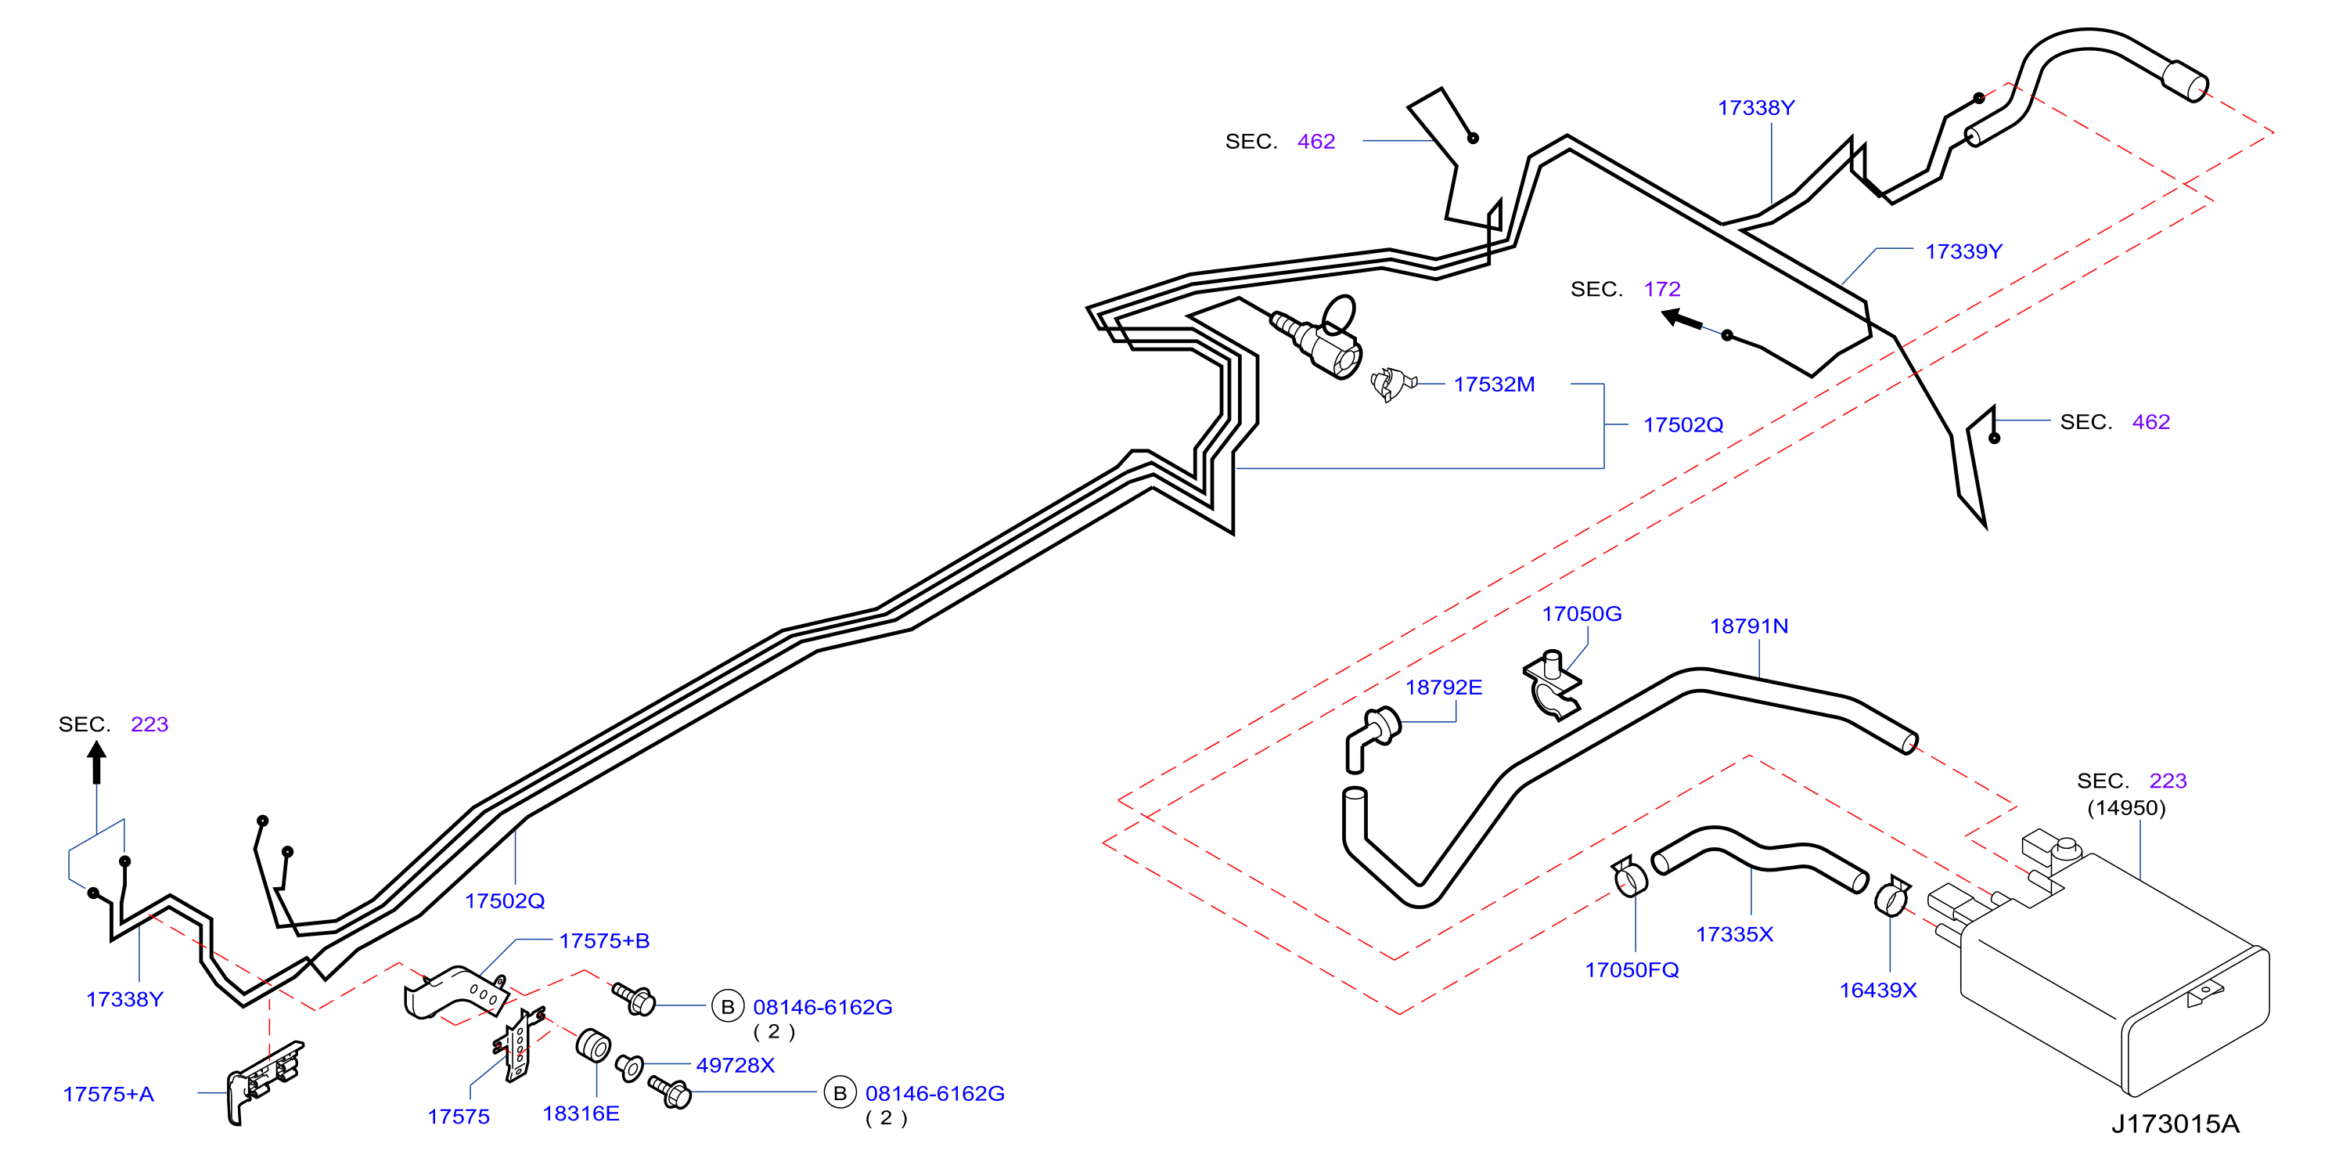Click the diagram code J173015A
point(2175,1124)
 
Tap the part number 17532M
point(1494,384)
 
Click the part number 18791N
point(1748,626)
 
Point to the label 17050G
point(1582,613)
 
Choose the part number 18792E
point(1443,687)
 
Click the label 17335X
point(1734,934)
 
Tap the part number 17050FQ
point(1632,970)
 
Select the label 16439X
point(1877,990)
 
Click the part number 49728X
point(735,1065)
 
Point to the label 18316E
point(581,1113)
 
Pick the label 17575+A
point(109,1094)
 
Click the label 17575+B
point(605,941)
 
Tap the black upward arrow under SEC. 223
point(97,763)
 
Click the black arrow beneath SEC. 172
point(1682,319)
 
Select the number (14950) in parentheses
point(2126,807)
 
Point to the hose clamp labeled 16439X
point(1892,896)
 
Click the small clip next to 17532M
point(1392,384)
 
